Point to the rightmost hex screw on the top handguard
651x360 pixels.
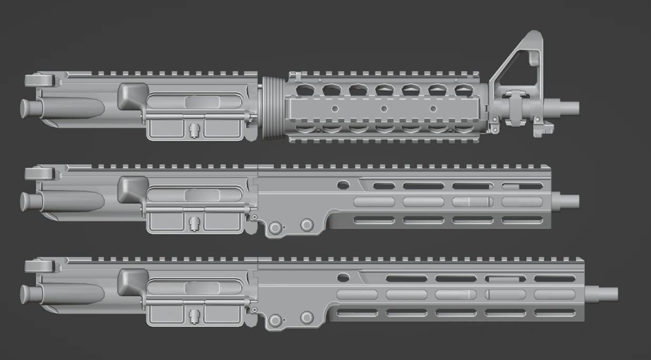coord(433,108)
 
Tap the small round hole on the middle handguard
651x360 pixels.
coord(343,185)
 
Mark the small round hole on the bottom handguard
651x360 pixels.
coord(343,277)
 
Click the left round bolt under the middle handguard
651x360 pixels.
coord(274,227)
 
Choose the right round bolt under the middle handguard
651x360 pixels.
coord(307,225)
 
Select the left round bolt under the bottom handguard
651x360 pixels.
coord(274,320)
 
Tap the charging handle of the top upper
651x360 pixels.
coord(39,81)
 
